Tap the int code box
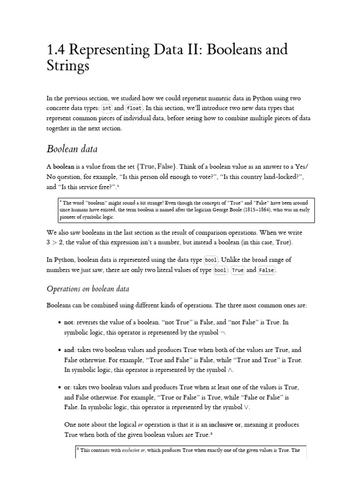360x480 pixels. [106, 108]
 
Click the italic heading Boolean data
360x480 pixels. [73, 149]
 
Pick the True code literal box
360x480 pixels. [238, 270]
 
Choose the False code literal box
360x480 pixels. [266, 270]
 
